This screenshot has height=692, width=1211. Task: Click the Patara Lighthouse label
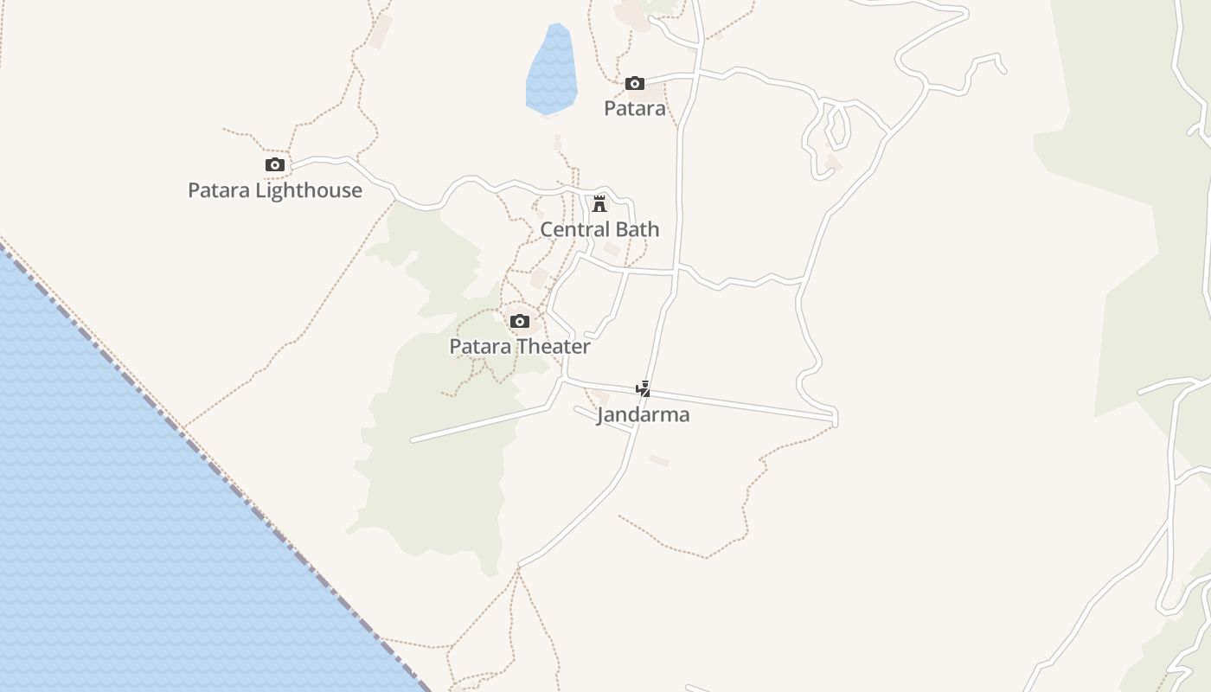point(275,190)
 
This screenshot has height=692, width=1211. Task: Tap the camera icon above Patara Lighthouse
point(274,165)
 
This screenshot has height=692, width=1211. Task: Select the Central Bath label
point(599,229)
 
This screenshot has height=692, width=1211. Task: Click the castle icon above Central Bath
point(599,204)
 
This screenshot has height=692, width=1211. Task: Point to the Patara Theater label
point(519,346)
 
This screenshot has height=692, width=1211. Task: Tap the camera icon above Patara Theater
point(520,322)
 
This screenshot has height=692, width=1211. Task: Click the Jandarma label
point(643,414)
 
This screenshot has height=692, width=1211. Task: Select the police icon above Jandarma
point(644,389)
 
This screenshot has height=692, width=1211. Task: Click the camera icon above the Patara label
point(635,84)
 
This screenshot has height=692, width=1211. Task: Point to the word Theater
point(554,346)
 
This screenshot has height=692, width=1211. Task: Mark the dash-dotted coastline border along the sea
point(216,467)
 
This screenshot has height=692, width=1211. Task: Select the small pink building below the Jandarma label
point(659,460)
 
